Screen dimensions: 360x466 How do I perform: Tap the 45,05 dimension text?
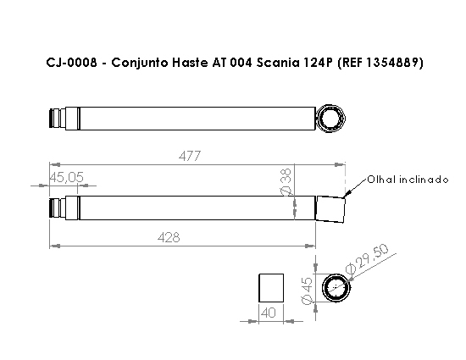pyautogui.click(x=66, y=177)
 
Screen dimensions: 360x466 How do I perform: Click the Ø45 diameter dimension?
pyautogui.click(x=307, y=291)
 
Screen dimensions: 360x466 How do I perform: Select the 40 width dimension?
pyautogui.click(x=270, y=313)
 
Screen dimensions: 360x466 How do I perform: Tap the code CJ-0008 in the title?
pyautogui.click(x=71, y=64)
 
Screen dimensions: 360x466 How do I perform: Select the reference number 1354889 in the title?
pyautogui.click(x=389, y=64)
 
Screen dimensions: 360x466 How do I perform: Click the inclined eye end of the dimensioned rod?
pyautogui.click(x=331, y=208)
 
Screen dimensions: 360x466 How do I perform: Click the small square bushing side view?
pyautogui.click(x=270, y=288)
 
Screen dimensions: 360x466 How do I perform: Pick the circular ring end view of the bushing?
pyautogui.click(x=337, y=288)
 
